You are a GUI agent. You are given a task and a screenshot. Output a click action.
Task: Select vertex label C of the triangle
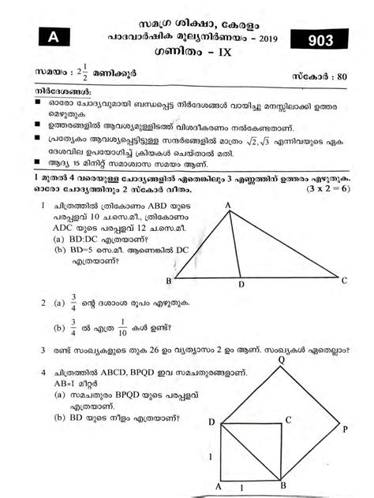point(344,280)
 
